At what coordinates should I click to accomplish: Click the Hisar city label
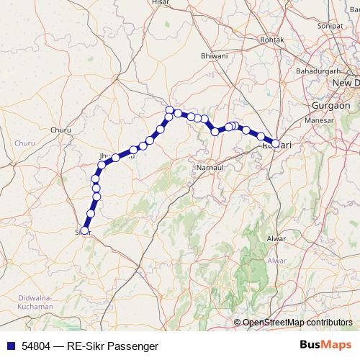point(160,3)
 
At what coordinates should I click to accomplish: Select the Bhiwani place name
point(215,55)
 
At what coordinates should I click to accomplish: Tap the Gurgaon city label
point(330,105)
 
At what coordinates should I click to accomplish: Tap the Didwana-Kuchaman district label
point(27,302)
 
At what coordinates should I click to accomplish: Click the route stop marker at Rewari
point(275,144)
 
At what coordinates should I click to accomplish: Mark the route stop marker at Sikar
point(84,231)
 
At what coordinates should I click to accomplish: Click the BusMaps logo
point(325,346)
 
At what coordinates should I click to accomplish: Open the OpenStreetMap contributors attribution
point(297,323)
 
